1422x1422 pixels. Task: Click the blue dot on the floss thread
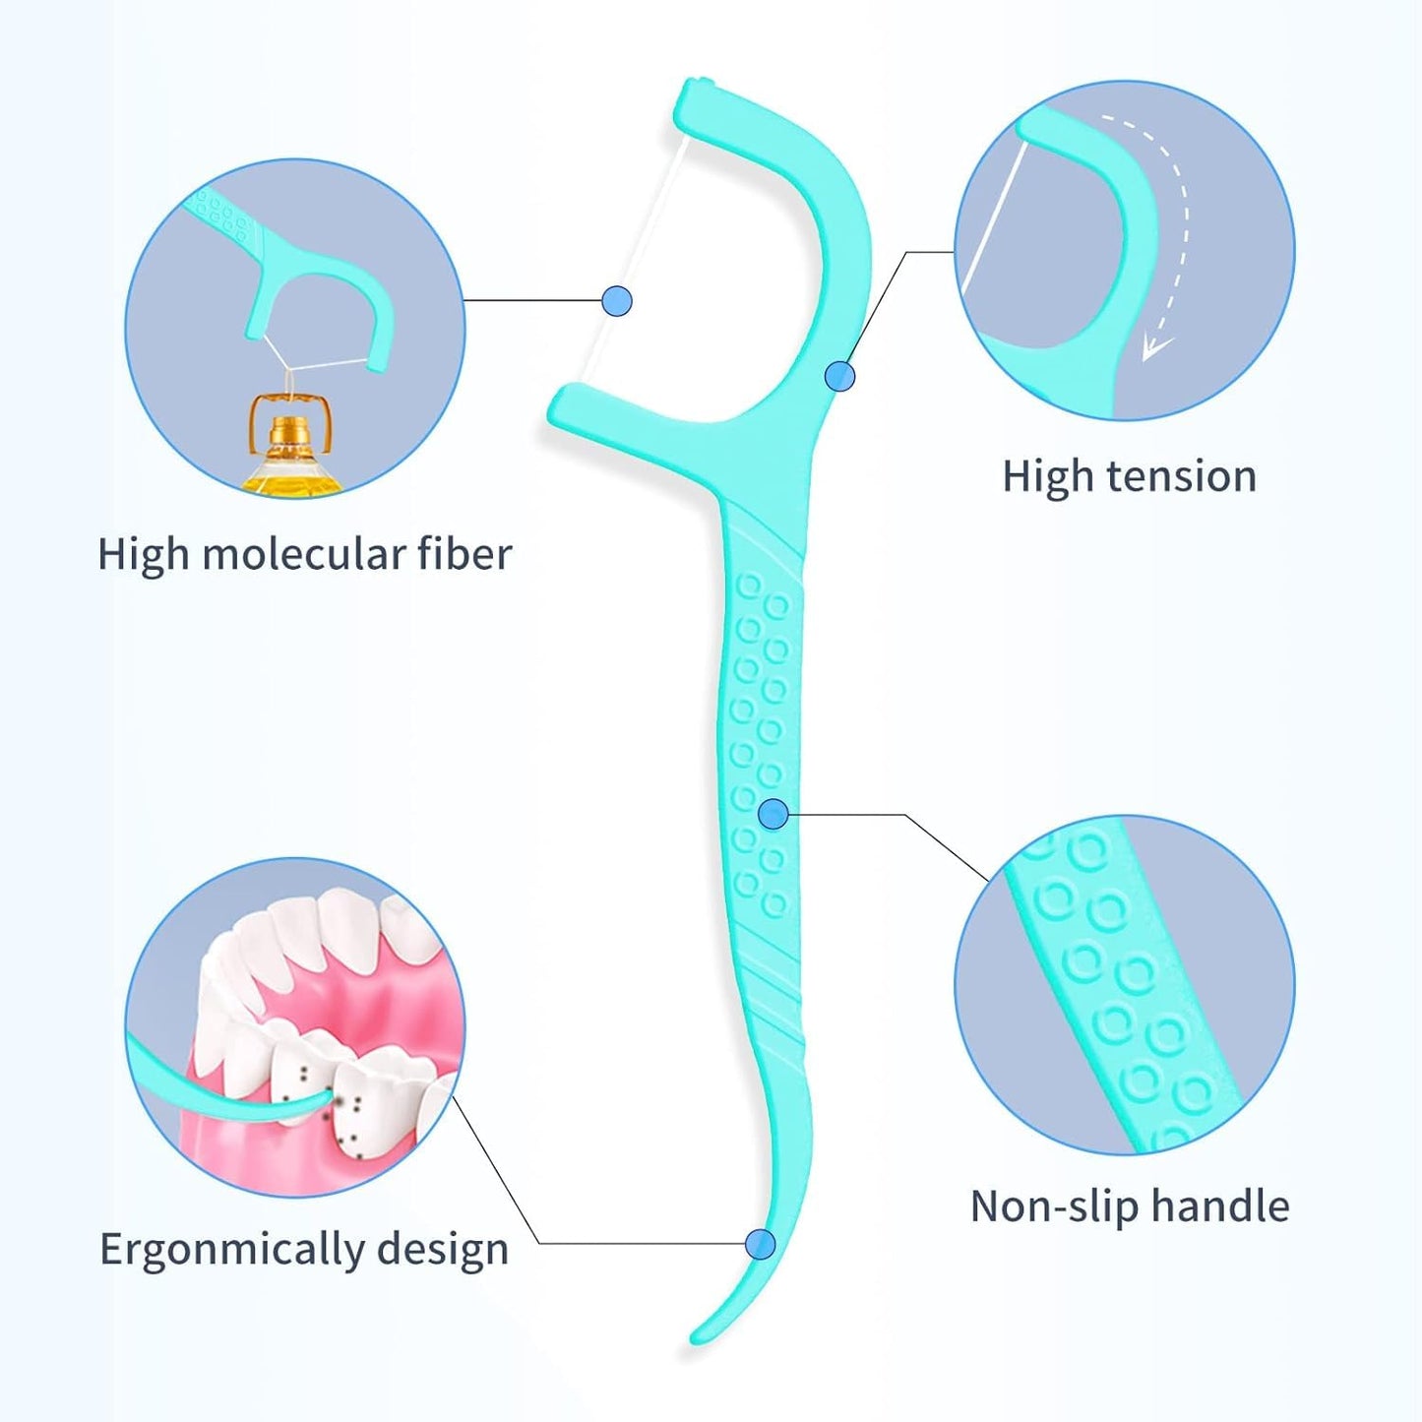617,300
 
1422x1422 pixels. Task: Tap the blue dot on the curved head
839,375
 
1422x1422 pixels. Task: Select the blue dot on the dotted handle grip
773,814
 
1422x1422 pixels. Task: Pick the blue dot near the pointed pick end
760,1244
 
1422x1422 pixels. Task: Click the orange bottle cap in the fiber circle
286,431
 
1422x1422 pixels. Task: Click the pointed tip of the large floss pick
696,1338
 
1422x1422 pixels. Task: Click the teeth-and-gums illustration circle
295,1027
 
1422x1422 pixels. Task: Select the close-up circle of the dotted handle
1124,984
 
